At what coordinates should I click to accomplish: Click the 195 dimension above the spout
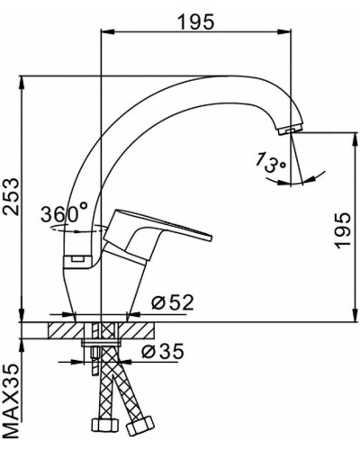[196, 22]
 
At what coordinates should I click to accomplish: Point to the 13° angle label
[271, 164]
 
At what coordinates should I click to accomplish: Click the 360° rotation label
[64, 213]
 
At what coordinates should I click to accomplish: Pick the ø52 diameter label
[172, 301]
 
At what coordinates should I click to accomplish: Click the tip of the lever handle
[209, 237]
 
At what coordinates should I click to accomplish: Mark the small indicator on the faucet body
[74, 260]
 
